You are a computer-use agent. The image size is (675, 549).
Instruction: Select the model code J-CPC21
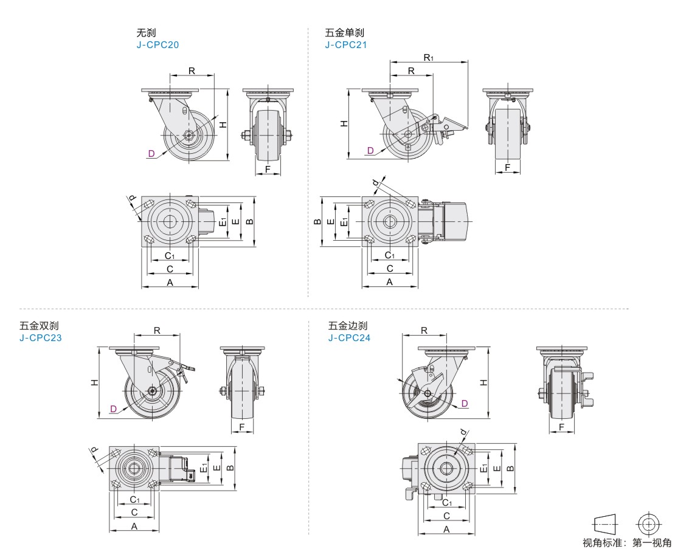(x=345, y=44)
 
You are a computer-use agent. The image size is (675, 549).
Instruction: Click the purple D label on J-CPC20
(x=151, y=153)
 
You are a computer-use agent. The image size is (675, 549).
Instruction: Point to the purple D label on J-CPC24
(x=464, y=403)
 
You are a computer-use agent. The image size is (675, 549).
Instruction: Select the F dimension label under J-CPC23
(x=242, y=427)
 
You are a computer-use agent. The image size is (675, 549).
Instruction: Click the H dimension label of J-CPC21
(x=344, y=123)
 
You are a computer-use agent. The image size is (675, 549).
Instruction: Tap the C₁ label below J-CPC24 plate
(x=446, y=503)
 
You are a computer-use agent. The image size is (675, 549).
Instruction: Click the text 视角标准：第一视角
(x=627, y=542)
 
